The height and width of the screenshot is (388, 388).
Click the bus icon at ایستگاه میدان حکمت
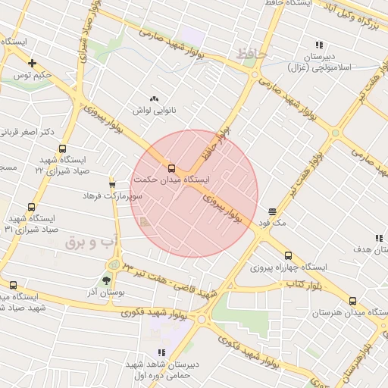coord(171,168)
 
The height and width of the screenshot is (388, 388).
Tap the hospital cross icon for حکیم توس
coord(31,63)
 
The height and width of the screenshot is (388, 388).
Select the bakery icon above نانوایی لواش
coord(155,99)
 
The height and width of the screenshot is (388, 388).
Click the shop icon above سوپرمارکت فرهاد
coord(112,183)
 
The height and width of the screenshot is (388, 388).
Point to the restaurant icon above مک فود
coord(272,211)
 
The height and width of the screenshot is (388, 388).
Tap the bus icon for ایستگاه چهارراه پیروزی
coord(287,255)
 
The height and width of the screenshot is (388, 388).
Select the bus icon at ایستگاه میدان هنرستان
coord(351,300)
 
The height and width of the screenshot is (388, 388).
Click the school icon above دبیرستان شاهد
coord(161,352)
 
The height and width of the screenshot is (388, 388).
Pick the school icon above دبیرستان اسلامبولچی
coord(318,45)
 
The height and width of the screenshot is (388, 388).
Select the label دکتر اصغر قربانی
coord(27,132)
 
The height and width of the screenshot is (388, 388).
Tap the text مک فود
coord(272,223)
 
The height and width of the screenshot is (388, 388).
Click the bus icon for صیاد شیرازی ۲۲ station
coord(62,149)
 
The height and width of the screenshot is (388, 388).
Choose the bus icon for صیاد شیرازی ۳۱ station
coord(31,206)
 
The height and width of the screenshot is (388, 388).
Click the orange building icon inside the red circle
coord(142,221)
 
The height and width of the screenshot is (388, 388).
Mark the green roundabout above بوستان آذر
coord(114,264)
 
